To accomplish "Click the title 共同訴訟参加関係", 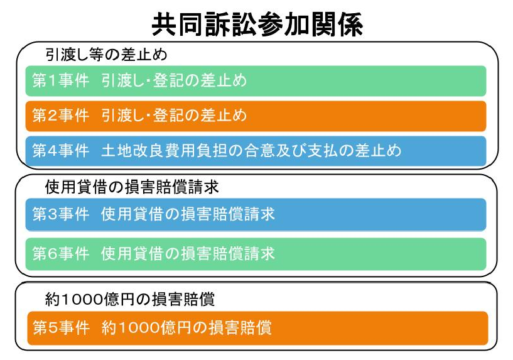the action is [x=257, y=25].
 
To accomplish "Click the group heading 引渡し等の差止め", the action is [x=106, y=55].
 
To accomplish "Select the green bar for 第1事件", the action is [x=256, y=81].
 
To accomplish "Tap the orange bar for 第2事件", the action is [x=256, y=116].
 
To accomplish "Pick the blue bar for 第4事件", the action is [x=256, y=151].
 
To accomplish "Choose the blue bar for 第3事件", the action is [x=256, y=215].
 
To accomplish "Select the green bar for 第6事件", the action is [x=256, y=254].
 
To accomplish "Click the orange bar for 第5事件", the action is [x=258, y=328].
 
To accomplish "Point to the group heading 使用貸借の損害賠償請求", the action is [x=132, y=187].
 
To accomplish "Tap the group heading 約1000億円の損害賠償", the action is [x=130, y=299].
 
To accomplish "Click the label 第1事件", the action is [x=61, y=80].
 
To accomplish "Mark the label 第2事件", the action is [x=61, y=116].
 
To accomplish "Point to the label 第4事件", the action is [x=61, y=151].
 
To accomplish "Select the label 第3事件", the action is [x=61, y=214].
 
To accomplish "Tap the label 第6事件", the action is [x=61, y=254].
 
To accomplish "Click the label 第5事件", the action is [x=61, y=327].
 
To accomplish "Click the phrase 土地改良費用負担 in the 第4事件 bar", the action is [x=165, y=151].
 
